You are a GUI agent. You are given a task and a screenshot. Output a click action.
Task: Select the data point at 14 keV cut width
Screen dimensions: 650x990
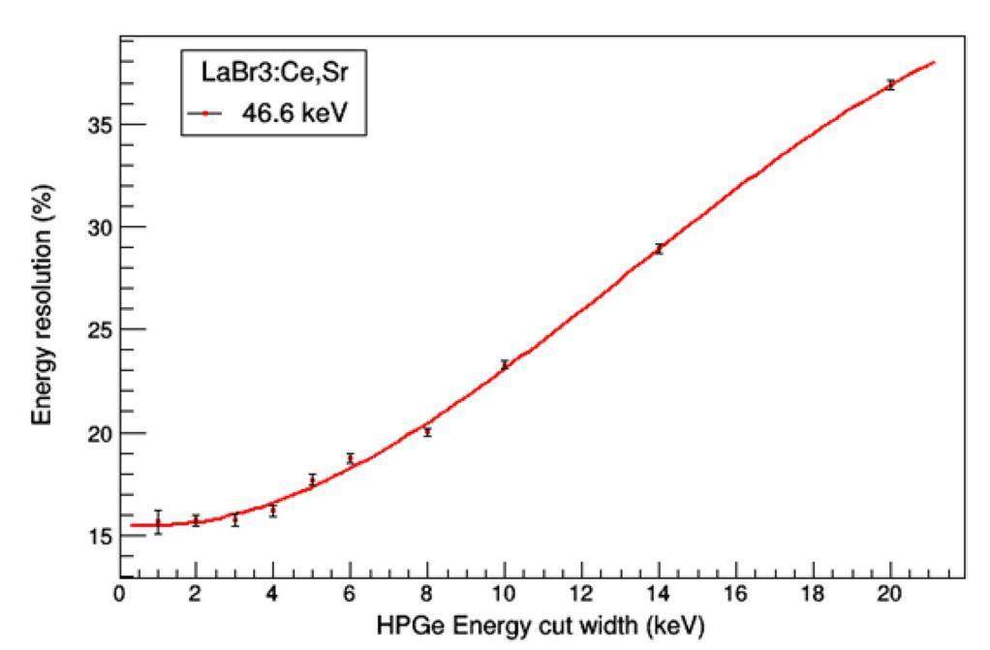(659, 249)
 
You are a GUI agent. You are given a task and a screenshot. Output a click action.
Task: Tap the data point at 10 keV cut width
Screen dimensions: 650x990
(505, 365)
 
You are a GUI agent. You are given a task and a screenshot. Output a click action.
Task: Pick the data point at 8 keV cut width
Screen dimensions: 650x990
(427, 432)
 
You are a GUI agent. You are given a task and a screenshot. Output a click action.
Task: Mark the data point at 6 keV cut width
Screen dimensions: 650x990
(351, 458)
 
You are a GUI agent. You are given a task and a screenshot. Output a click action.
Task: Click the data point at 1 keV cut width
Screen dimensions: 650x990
(158, 523)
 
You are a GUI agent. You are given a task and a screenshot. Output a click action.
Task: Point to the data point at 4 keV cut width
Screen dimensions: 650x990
(273, 511)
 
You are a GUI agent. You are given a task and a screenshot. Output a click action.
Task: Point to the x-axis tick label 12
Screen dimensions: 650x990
(581, 594)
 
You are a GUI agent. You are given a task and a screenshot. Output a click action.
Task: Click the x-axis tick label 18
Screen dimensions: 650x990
(813, 594)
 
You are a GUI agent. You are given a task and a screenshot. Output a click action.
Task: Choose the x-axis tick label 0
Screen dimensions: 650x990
(120, 594)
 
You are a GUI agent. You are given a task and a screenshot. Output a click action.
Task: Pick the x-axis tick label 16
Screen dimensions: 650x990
(735, 594)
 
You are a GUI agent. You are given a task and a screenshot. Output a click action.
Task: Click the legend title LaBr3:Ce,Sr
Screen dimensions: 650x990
(274, 73)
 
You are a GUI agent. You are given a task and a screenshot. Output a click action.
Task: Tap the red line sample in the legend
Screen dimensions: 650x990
(205, 114)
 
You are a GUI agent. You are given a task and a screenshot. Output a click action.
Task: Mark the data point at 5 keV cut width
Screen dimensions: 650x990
(312, 480)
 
